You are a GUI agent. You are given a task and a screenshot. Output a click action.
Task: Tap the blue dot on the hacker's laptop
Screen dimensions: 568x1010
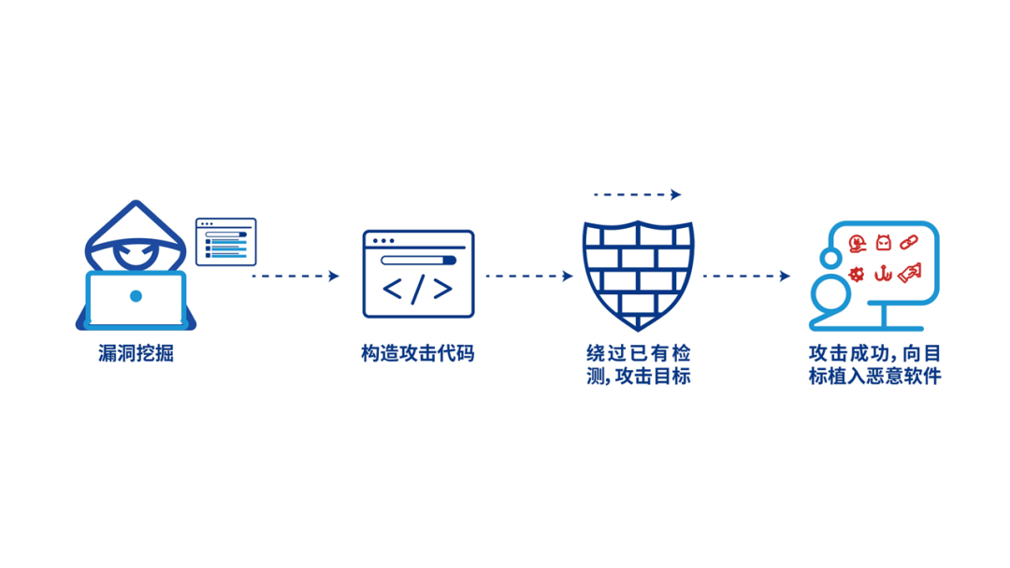click(136, 296)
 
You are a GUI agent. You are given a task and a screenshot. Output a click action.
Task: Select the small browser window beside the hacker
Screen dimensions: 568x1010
click(225, 242)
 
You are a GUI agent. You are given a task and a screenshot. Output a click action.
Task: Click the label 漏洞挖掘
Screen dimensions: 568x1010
click(136, 355)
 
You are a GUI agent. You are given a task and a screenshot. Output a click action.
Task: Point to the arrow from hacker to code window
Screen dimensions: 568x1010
click(295, 276)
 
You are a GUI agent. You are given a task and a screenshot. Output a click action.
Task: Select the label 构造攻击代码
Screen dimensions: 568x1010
click(418, 355)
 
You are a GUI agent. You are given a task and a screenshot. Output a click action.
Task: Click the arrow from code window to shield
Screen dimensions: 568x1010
click(528, 276)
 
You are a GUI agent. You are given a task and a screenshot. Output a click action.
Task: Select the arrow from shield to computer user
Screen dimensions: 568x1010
click(746, 276)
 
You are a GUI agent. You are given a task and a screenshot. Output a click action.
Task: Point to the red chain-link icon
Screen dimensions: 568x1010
click(908, 243)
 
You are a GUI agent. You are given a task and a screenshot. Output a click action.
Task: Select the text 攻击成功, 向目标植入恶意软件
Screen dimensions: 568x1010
click(874, 365)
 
